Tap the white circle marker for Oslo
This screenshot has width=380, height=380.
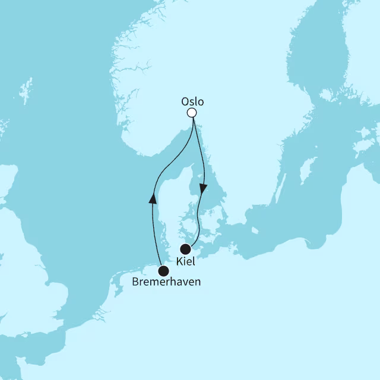click(x=191, y=113)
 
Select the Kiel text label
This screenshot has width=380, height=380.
click(x=186, y=261)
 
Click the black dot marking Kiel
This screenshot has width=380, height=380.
click(x=186, y=249)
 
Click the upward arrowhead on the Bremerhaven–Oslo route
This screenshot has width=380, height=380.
click(x=153, y=198)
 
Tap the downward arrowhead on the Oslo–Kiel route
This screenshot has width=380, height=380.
click(x=204, y=189)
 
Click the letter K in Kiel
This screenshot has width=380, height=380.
click(x=179, y=261)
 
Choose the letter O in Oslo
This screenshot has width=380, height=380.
click(x=183, y=102)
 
